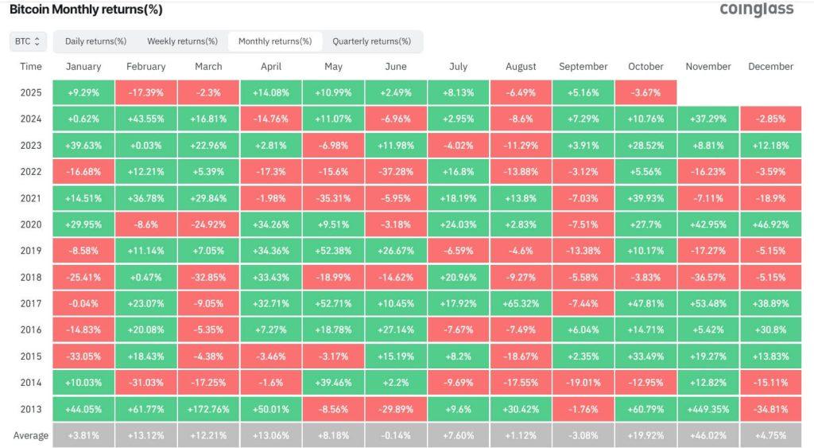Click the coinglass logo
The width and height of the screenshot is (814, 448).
[756, 10]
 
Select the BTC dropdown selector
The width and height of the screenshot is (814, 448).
[29, 41]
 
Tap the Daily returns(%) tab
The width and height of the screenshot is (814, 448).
[95, 41]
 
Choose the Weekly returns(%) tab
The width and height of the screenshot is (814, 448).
[182, 41]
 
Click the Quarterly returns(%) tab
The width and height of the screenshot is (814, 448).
[371, 41]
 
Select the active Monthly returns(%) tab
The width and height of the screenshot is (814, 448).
[274, 41]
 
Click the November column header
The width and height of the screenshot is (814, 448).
[708, 67]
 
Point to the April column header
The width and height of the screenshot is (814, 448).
[270, 67]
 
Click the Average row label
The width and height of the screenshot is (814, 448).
[31, 435]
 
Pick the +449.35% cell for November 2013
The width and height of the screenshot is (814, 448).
[708, 409]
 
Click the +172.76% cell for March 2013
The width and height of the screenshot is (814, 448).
[208, 409]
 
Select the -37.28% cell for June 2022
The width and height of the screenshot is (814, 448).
[396, 173]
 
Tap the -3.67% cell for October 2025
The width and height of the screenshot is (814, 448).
[645, 93]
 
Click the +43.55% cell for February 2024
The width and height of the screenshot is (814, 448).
[145, 119]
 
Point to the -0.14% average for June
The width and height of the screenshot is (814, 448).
[396, 435]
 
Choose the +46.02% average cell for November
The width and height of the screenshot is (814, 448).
[708, 435]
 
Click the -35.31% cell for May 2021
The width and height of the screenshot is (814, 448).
[333, 199]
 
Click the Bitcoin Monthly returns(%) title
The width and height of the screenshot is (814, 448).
[86, 10]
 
